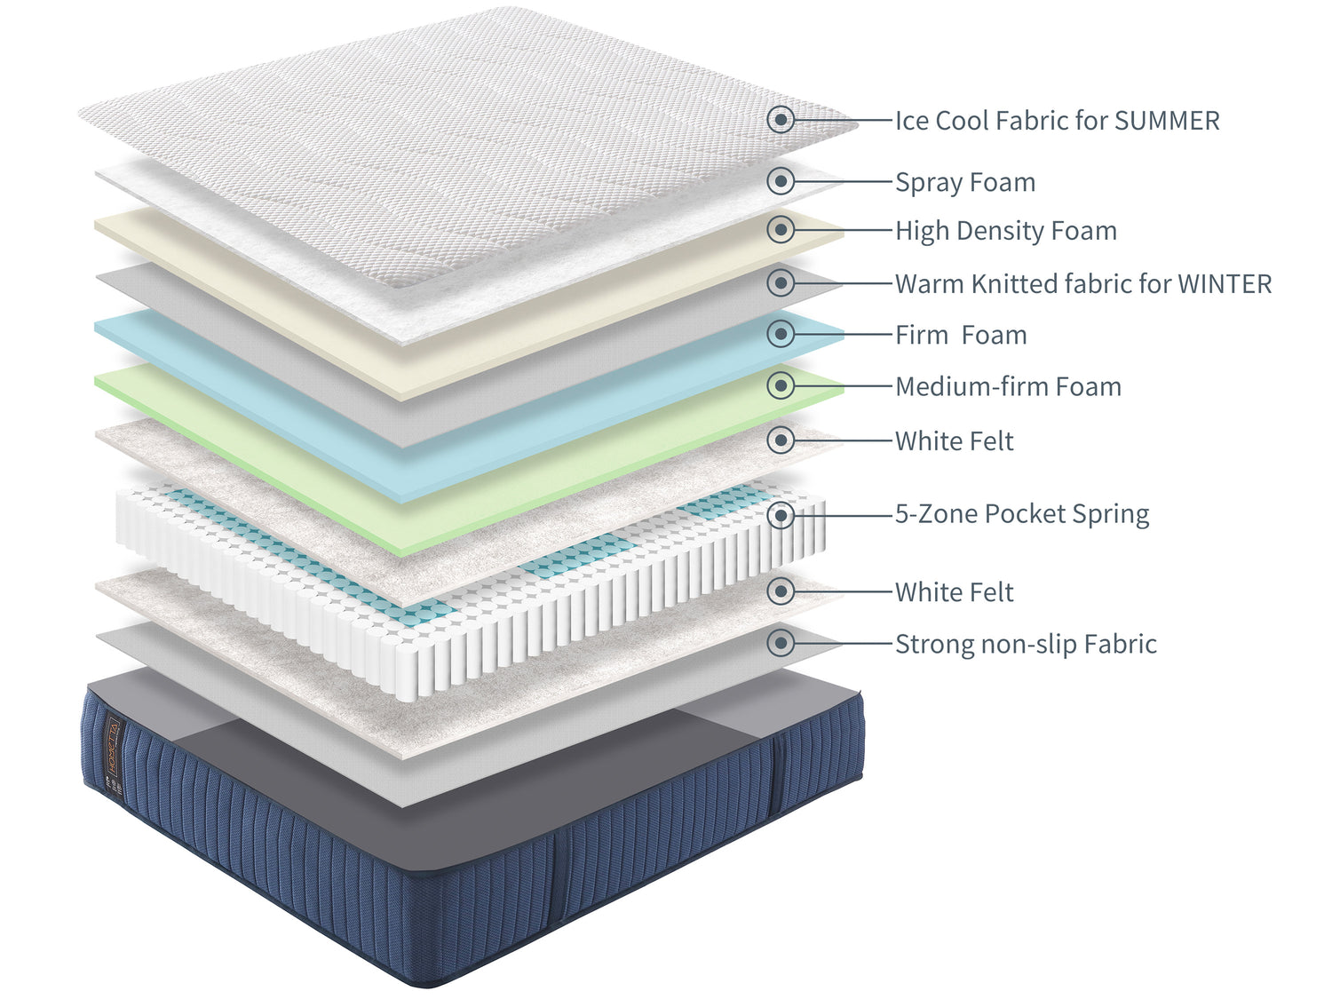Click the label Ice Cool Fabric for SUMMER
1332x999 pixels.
point(1057,121)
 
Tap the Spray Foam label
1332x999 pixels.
point(965,182)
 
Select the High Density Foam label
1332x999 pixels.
point(1005,231)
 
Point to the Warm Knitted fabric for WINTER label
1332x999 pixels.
point(1082,284)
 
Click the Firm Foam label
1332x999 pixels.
point(961,335)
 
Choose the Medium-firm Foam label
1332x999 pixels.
point(1008,387)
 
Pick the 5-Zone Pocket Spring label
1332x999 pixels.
point(1021,514)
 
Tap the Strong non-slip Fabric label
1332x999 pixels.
point(1026,644)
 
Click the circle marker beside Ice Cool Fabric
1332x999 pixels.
point(781,119)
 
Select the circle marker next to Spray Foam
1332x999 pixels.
point(781,181)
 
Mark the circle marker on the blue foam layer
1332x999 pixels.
point(781,334)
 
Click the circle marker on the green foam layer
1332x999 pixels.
point(781,385)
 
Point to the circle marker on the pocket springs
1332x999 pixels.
point(781,514)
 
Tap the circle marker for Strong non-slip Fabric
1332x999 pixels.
point(781,642)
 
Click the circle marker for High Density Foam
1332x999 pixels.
point(781,229)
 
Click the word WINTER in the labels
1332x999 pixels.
point(1225,284)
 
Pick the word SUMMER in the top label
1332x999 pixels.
point(1167,121)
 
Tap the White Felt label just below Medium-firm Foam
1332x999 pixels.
point(954,441)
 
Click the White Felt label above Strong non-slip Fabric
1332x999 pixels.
point(954,592)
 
